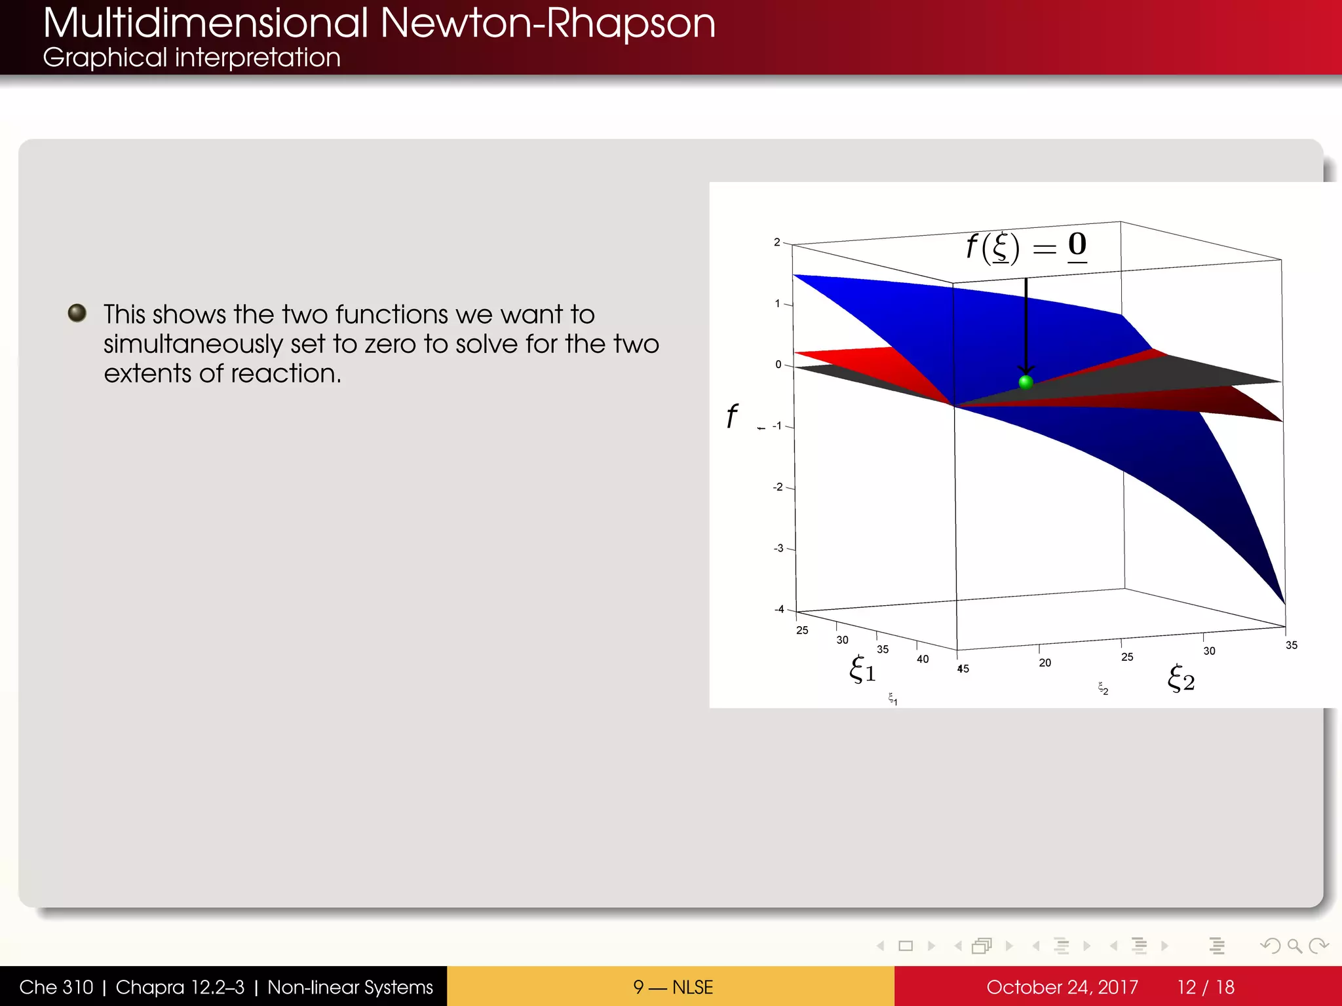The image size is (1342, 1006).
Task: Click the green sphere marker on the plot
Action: point(1026,382)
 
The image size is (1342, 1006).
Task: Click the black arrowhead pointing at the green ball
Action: point(1026,369)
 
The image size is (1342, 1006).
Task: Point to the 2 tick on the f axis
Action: point(777,242)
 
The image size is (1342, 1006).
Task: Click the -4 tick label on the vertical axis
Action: point(779,609)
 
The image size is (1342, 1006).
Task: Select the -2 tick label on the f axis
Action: point(778,487)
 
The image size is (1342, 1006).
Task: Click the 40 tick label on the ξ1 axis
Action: point(923,659)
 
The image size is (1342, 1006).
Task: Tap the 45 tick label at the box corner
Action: point(963,669)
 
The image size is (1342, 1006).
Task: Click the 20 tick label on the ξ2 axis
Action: point(1045,663)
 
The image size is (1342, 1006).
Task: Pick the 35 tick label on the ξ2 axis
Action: point(1291,645)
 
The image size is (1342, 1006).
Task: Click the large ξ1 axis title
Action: point(862,669)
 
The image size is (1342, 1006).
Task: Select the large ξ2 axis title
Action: point(1181,679)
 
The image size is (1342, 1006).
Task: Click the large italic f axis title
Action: point(732,417)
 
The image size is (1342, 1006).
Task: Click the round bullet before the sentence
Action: point(77,313)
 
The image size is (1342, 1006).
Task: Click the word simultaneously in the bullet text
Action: point(193,345)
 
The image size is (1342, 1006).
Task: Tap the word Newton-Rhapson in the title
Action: point(547,24)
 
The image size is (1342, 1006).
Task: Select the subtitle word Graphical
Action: point(105,58)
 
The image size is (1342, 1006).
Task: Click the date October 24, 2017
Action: point(1062,987)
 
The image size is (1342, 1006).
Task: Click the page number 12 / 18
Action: point(1206,987)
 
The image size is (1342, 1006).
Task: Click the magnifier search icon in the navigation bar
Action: point(1294,946)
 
